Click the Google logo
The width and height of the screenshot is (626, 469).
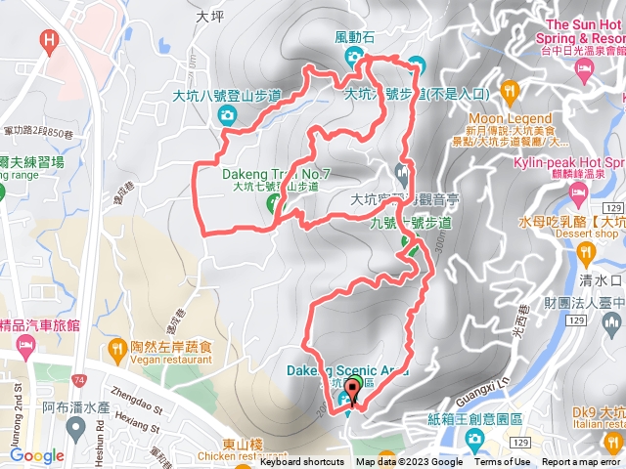pos(37,455)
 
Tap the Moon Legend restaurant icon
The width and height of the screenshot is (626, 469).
pos(509,92)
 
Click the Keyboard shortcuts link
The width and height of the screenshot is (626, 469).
pos(301,462)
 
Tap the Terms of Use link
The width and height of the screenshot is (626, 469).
pos(503,462)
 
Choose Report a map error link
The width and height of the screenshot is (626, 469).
pos(581,462)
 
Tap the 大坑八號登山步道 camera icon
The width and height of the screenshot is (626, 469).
pos(227,116)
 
